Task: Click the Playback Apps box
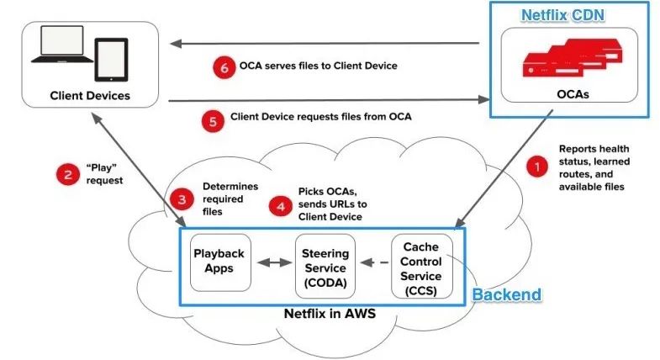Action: coord(221,262)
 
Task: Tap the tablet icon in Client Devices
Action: coord(109,59)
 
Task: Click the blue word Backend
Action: coord(505,295)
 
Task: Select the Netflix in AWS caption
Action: coord(325,315)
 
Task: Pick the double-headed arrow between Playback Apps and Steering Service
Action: coord(274,262)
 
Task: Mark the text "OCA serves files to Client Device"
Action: coord(318,65)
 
